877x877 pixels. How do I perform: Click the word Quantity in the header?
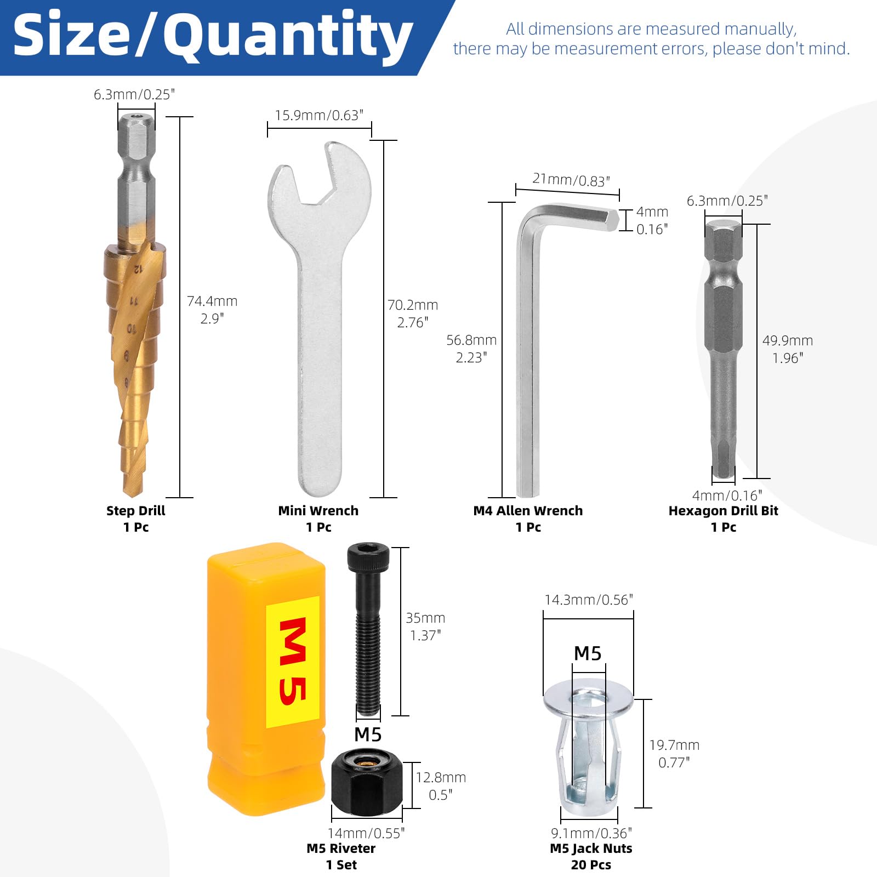pyautogui.click(x=288, y=37)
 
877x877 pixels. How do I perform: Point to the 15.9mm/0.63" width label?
pyautogui.click(x=319, y=116)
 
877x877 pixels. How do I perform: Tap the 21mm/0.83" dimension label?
pyautogui.click(x=571, y=180)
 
